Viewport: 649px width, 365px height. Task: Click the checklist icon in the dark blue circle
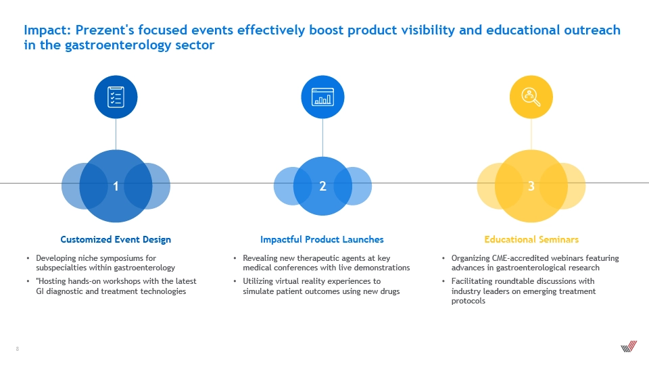(x=116, y=97)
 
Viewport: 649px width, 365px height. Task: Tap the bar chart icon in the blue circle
(x=323, y=97)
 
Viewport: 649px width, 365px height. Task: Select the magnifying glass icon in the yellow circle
(x=531, y=97)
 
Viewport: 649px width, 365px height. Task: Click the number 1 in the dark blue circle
(x=116, y=187)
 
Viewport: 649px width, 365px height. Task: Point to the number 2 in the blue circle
(x=323, y=187)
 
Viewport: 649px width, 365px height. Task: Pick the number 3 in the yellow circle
(x=531, y=187)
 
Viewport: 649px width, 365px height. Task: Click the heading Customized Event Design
(x=116, y=239)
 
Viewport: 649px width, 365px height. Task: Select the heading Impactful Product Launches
(x=322, y=239)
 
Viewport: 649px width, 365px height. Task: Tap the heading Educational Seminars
(x=531, y=239)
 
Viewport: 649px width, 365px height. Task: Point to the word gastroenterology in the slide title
(x=118, y=45)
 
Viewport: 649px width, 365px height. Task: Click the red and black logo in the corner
(x=629, y=346)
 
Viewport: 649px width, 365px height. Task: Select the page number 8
(x=18, y=349)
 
